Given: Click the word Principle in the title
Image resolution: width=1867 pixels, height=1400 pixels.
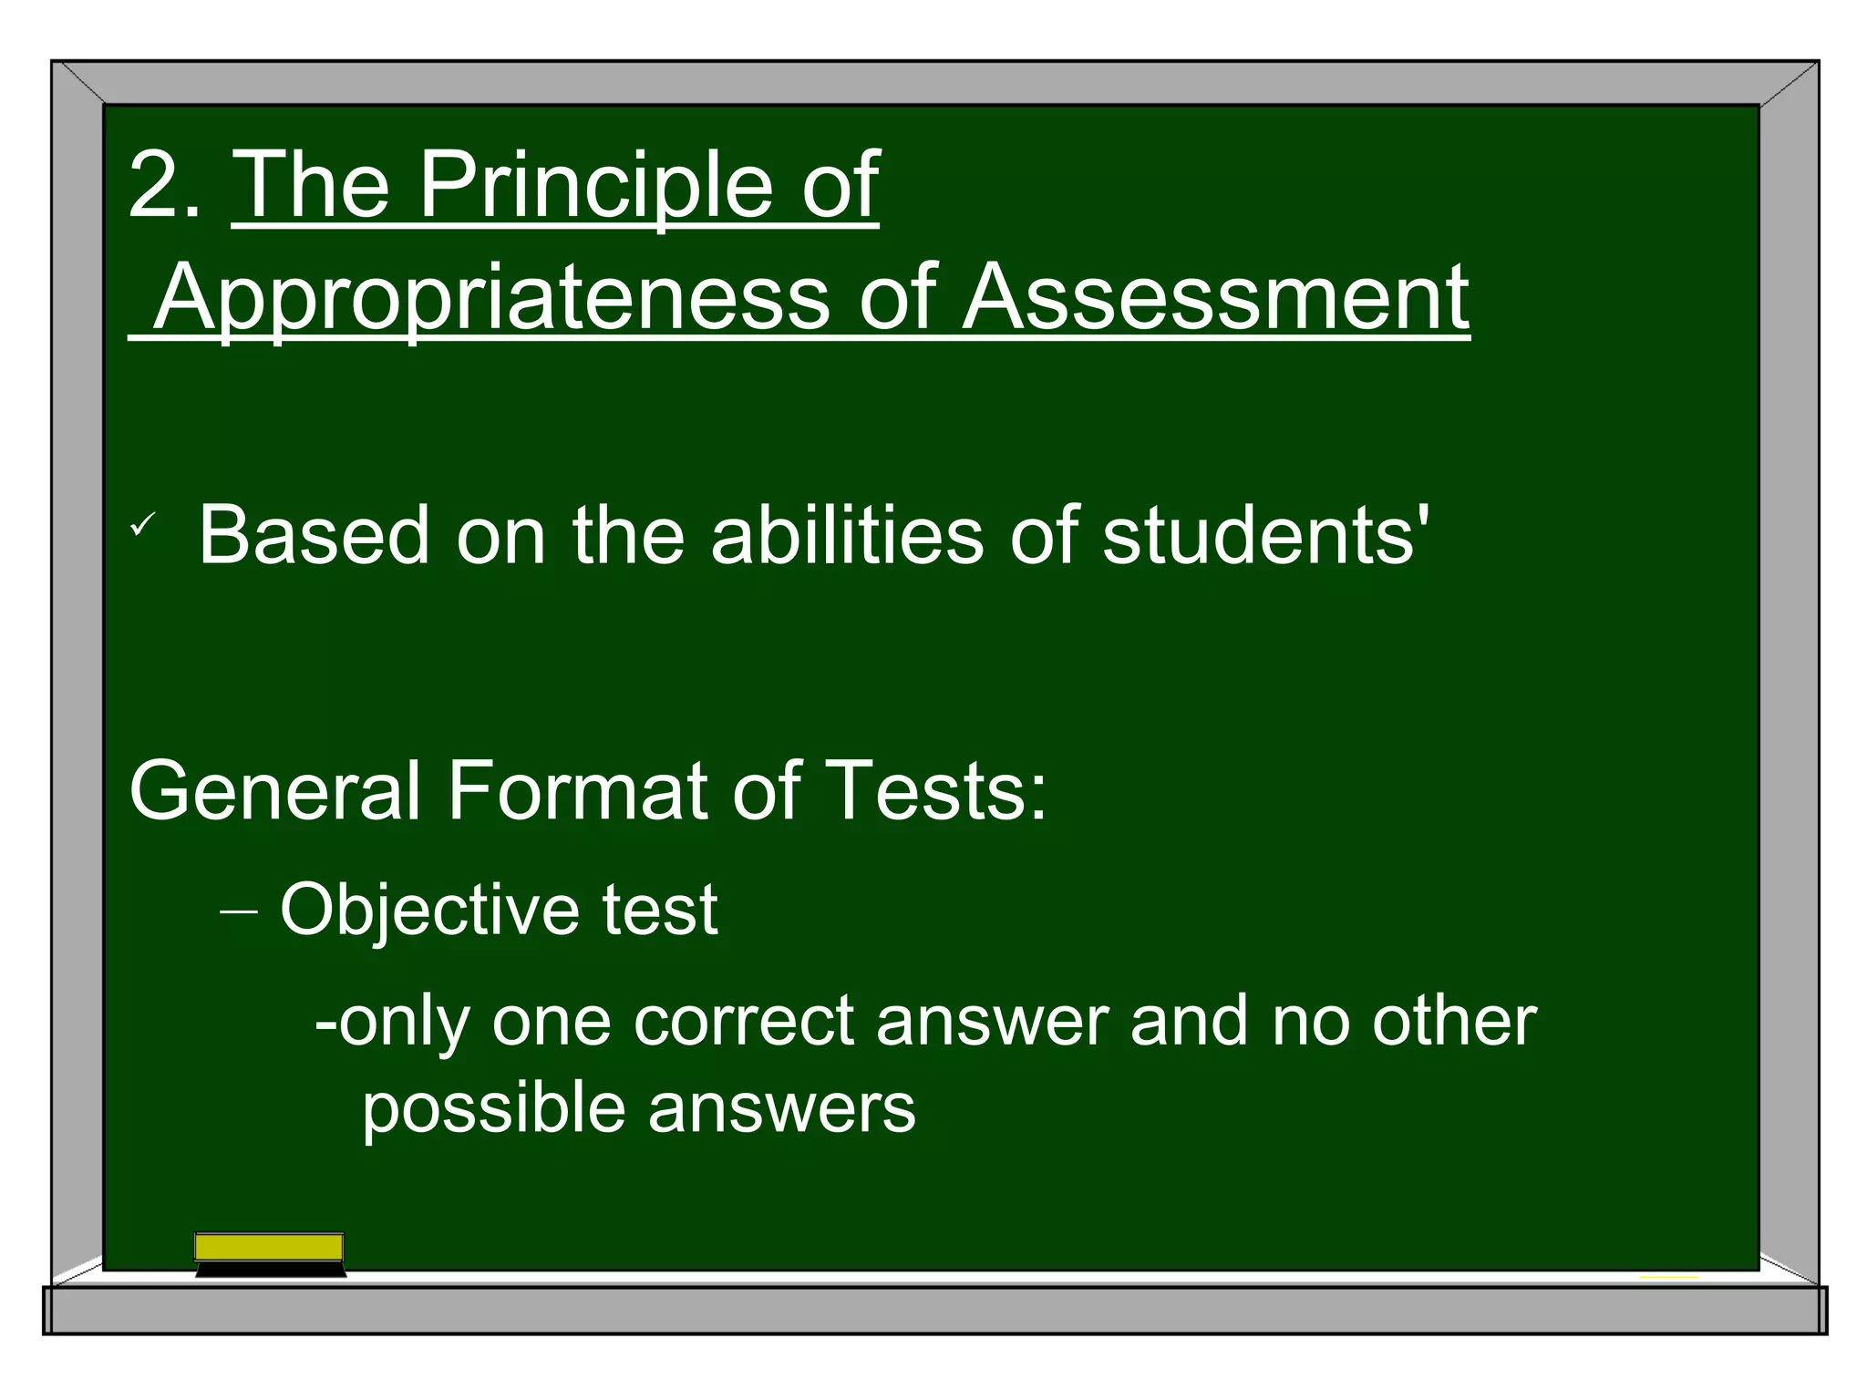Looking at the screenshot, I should (593, 186).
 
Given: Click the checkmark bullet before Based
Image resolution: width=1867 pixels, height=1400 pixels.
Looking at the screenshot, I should (143, 525).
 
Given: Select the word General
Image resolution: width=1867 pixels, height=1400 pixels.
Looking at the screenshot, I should (274, 791).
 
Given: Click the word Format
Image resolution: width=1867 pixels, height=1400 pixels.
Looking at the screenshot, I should (577, 791).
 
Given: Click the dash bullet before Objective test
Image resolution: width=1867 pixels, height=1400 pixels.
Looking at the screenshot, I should (239, 911).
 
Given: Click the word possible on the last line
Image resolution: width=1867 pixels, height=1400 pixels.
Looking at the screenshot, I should (493, 1110).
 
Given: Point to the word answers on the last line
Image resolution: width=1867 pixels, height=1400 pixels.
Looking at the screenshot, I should (781, 1110).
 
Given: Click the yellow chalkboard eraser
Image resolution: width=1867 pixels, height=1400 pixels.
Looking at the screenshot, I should (270, 1252).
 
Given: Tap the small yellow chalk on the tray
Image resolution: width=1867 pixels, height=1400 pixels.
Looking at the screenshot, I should (1668, 1277).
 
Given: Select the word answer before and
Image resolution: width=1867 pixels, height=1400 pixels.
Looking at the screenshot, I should (992, 1021).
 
